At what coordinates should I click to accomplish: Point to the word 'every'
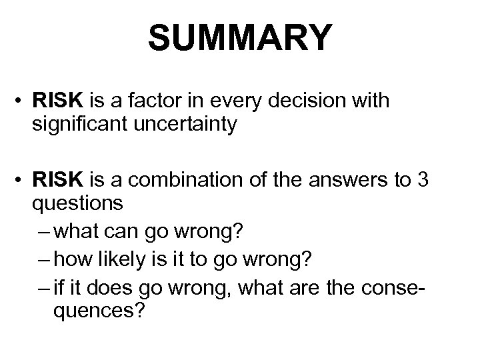coord(239,101)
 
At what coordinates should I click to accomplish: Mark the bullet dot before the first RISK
coord(25,101)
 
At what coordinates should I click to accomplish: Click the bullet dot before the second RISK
coord(25,179)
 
